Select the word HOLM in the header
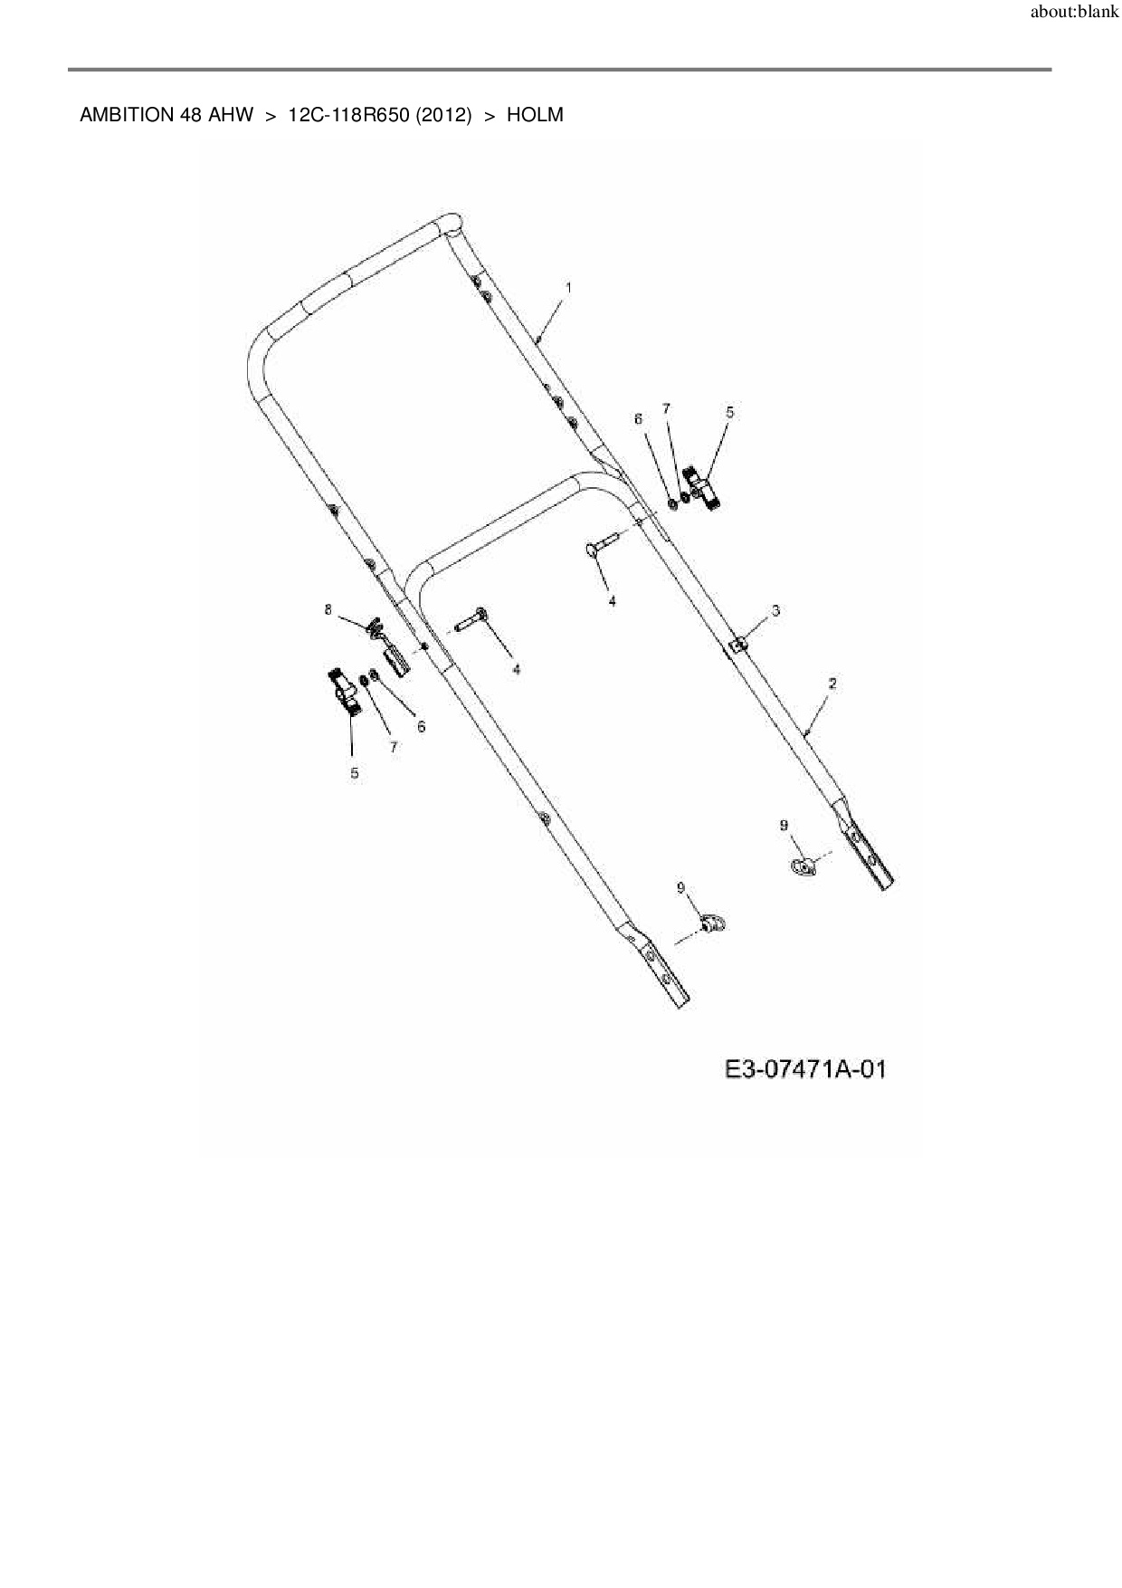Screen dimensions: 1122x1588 click(535, 115)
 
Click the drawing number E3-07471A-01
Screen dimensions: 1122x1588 click(804, 1069)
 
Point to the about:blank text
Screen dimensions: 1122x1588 click(1074, 14)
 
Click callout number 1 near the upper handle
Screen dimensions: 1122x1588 click(568, 287)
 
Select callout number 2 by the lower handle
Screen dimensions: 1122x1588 click(832, 684)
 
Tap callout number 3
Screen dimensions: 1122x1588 click(775, 611)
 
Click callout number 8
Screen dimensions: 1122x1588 click(328, 609)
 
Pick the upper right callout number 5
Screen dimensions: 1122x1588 click(729, 412)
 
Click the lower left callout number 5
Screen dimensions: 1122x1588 click(354, 772)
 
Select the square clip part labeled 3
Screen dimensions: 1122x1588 click(739, 643)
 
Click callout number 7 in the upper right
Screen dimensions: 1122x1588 click(667, 409)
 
